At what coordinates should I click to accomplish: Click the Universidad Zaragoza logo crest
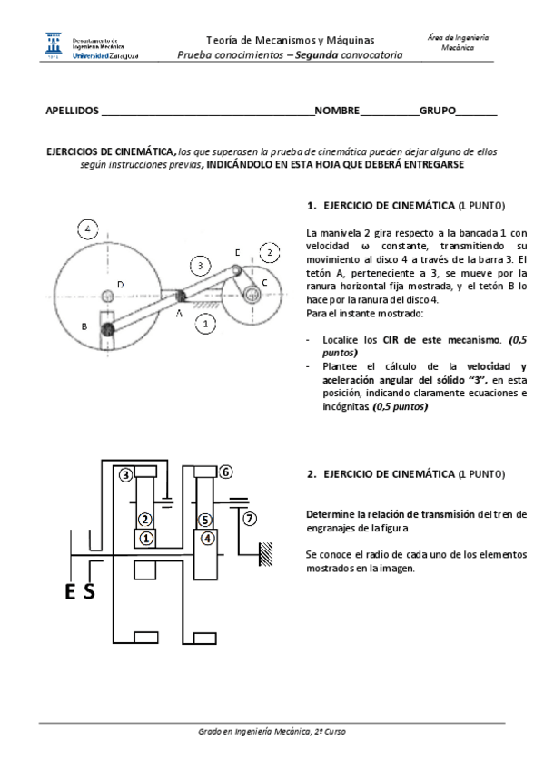pyautogui.click(x=52, y=45)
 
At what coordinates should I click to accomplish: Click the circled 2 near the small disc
pyautogui.click(x=269, y=251)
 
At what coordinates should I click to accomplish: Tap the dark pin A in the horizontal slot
pyautogui.click(x=180, y=296)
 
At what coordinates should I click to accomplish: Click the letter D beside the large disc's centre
pyautogui.click(x=120, y=285)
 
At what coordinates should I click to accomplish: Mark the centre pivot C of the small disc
pyautogui.click(x=253, y=289)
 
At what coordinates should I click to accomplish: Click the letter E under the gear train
pyautogui.click(x=72, y=593)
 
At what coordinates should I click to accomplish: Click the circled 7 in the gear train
pyautogui.click(x=251, y=519)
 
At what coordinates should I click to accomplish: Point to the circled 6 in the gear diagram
pyautogui.click(x=226, y=472)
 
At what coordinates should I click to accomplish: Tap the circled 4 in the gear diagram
pyautogui.click(x=207, y=538)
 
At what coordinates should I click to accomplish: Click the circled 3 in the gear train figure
pyautogui.click(x=126, y=473)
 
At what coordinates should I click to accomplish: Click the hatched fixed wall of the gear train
pyautogui.click(x=265, y=552)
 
